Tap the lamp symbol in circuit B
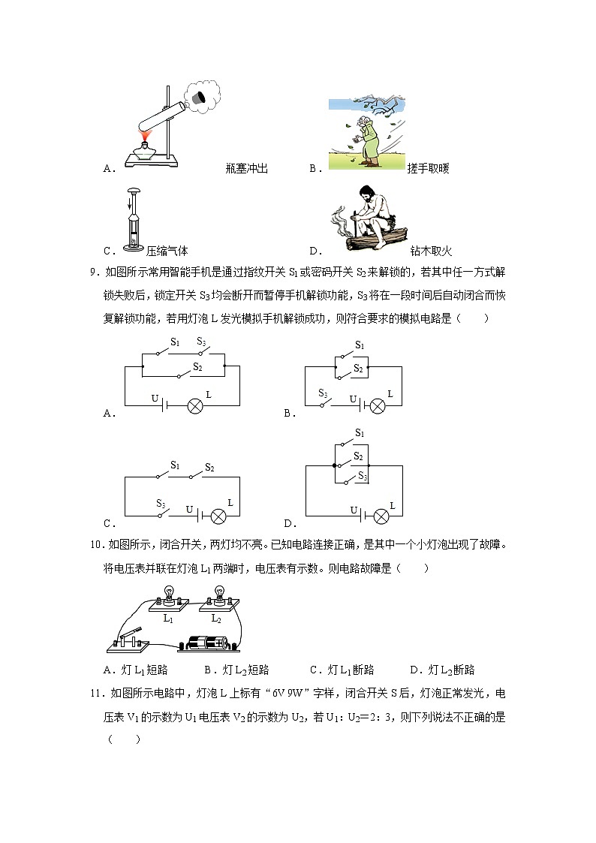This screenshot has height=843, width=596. point(378,406)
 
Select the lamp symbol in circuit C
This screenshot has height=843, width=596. point(218,516)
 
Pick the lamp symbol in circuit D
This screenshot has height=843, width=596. point(382,516)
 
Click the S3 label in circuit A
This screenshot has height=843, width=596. point(201,342)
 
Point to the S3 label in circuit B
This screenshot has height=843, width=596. point(323,393)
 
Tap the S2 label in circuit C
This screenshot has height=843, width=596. point(209,468)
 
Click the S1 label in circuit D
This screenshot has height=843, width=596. point(360,433)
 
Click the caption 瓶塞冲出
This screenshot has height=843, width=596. point(246,169)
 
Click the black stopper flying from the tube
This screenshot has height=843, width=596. point(199,98)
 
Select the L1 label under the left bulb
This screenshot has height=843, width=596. point(168,619)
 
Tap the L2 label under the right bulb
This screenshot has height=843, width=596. point(216,619)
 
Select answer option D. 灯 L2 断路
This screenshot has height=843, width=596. point(442,670)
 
